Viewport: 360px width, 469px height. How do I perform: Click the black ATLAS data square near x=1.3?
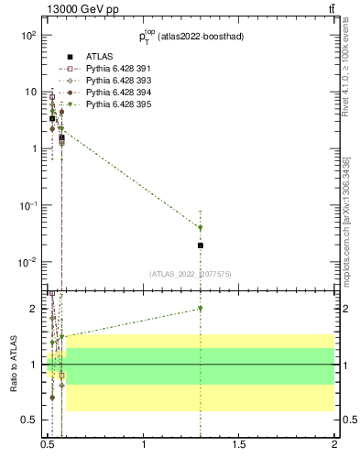[201, 245]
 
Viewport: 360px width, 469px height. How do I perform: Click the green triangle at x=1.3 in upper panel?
[201, 228]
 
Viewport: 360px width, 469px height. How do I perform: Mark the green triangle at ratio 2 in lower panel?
[201, 309]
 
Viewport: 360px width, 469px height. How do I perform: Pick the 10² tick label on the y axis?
[27, 35]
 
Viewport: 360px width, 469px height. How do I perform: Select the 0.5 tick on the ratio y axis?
[31, 420]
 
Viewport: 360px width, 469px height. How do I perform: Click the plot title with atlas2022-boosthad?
[191, 37]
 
